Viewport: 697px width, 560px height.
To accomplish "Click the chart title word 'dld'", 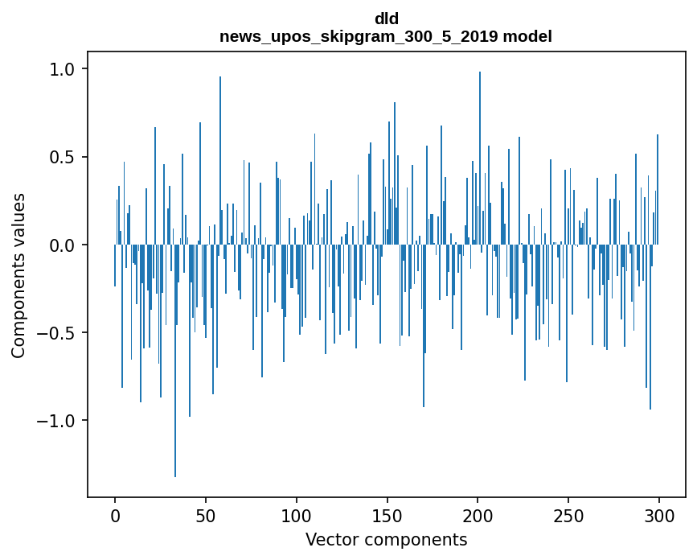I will pos(386,19).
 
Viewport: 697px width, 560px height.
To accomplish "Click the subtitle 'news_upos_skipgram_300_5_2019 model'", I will pos(386,36).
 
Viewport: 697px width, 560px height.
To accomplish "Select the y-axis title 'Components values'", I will pos(18,275).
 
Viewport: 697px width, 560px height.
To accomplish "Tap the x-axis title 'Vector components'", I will pos(386,539).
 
